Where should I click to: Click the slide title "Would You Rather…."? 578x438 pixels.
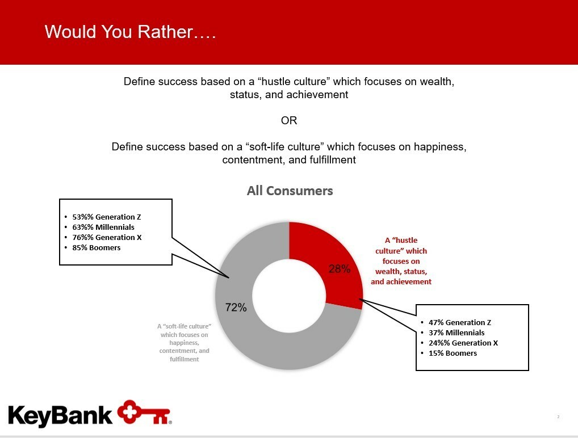(x=130, y=32)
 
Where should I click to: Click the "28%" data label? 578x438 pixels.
(x=340, y=269)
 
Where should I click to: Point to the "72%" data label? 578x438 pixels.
(x=236, y=308)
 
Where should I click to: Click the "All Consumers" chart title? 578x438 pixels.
(x=290, y=191)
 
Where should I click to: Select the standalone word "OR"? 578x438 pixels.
(x=289, y=120)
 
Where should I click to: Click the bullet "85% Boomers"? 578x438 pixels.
(x=96, y=247)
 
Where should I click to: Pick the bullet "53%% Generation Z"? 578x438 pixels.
(x=107, y=217)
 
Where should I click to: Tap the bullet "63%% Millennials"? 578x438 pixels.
(x=103, y=228)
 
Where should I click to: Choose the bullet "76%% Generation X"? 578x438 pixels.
(x=107, y=237)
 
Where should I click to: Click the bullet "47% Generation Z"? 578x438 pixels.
(x=460, y=322)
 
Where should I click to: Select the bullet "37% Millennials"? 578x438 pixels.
(x=456, y=332)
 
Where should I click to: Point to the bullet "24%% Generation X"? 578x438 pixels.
(x=463, y=343)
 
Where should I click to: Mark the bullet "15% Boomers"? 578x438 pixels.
(x=453, y=353)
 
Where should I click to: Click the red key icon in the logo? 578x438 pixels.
(x=144, y=412)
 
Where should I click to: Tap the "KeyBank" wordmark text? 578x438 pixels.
(x=60, y=415)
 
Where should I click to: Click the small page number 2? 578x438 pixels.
(x=559, y=416)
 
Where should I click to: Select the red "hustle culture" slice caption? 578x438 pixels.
(x=401, y=261)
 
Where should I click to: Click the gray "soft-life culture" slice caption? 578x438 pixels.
(x=185, y=343)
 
